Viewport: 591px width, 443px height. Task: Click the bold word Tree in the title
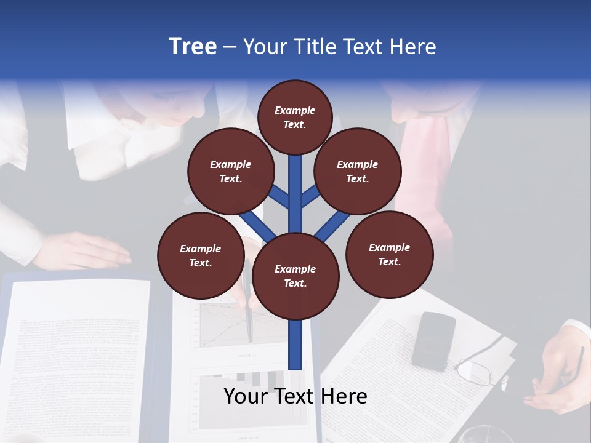193,47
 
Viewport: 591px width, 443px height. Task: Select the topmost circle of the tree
295,117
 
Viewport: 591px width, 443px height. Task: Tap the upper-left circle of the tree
230,171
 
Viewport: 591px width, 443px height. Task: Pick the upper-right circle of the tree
357,171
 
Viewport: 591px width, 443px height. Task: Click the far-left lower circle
201,255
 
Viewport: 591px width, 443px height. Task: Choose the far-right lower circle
389,254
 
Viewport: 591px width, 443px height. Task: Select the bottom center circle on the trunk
295,276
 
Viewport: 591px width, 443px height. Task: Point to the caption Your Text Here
295,396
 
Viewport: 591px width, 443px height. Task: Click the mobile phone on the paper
433,340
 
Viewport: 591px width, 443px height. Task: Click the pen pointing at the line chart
249,314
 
